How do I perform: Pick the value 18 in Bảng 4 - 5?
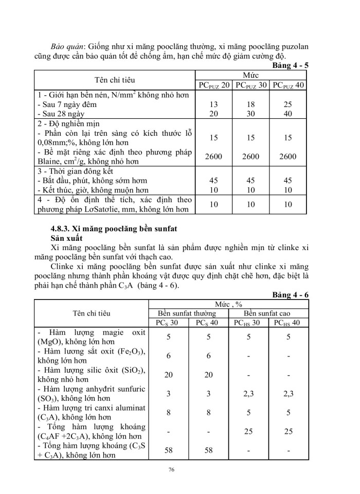(251, 104)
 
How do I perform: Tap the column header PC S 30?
(167, 323)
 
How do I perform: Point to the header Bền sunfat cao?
(268, 313)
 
